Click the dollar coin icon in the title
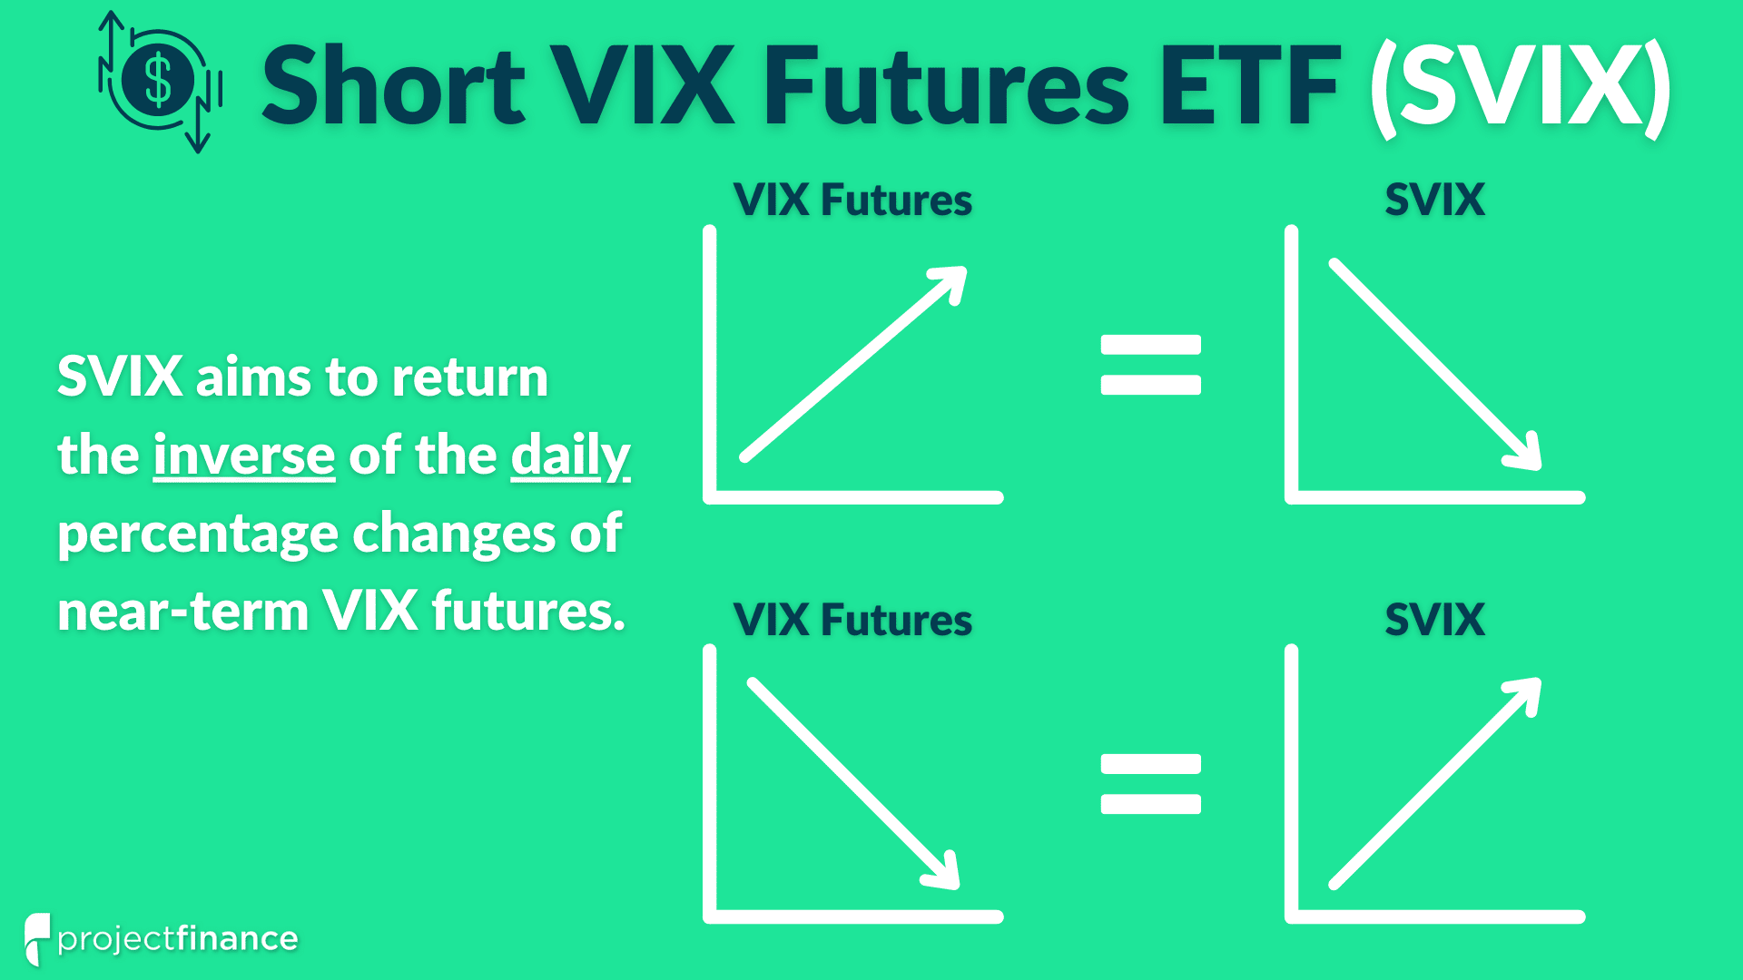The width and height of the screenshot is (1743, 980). point(160,82)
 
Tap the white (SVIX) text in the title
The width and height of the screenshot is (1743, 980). point(1521,87)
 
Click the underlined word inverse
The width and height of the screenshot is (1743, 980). point(244,455)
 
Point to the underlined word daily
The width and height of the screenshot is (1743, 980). point(570,456)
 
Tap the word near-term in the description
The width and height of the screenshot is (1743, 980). point(183,611)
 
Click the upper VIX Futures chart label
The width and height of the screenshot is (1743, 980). point(852,200)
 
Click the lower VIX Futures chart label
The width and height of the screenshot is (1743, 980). point(852,620)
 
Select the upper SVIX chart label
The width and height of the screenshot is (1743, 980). point(1435,200)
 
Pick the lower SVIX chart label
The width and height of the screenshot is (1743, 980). point(1435,620)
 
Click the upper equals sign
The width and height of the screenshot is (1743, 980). point(1151,365)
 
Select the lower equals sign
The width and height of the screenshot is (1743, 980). point(1151,784)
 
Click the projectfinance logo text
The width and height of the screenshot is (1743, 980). point(178,939)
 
